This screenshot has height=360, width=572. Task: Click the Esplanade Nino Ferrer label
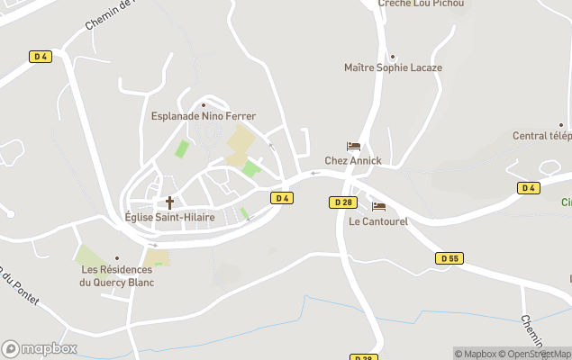203,116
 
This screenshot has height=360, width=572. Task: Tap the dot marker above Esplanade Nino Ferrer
204,104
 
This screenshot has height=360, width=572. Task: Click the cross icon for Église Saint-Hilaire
168,202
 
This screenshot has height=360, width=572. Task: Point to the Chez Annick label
353,161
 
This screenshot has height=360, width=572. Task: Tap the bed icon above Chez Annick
353,147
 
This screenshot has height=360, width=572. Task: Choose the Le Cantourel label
378,221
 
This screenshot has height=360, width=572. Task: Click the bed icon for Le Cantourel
378,207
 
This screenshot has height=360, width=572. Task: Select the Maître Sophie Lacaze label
393,67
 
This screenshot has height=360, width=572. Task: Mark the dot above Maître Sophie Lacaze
393,56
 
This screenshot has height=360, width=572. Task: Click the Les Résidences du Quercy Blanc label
117,275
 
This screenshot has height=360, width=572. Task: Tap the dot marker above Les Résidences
117,258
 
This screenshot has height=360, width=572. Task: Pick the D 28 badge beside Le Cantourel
342,202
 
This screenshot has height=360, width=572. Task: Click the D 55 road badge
449,258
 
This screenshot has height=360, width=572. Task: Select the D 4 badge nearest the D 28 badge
282,198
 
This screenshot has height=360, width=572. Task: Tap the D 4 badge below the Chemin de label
40,57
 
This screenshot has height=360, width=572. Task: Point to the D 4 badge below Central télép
529,188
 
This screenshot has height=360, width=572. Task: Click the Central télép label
542,136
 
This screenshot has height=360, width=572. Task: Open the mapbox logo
40,348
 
